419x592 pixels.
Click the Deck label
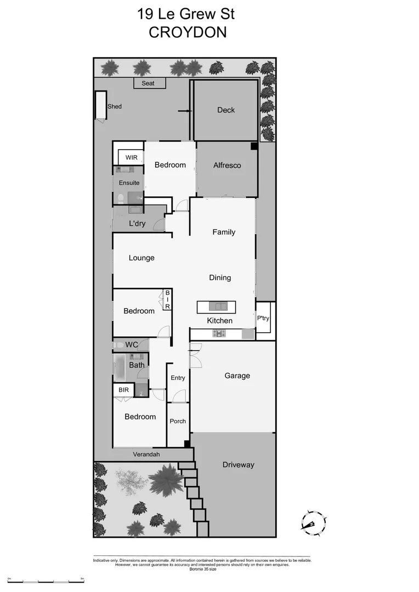pyautogui.click(x=226, y=110)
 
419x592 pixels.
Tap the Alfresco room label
pyautogui.click(x=227, y=165)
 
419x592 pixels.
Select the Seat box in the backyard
pyautogui.click(x=148, y=83)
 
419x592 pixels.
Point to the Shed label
pyautogui.click(x=115, y=107)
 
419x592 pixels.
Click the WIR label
pyautogui.click(x=132, y=157)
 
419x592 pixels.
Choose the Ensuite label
pyautogui.click(x=129, y=183)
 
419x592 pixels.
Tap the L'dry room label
pyautogui.click(x=137, y=224)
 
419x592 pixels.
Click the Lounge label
pyautogui.click(x=141, y=258)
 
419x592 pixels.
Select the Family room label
pyautogui.click(x=224, y=232)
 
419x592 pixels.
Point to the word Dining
pyautogui.click(x=220, y=278)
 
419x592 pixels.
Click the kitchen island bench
pyautogui.click(x=217, y=307)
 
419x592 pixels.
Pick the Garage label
pyautogui.click(x=237, y=376)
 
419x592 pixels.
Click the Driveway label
pyautogui.click(x=239, y=465)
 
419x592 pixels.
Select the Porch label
pyautogui.click(x=178, y=422)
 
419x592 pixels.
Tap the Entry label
pyautogui.click(x=178, y=378)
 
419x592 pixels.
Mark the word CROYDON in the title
pyautogui.click(x=188, y=32)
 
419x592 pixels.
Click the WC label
pyautogui.click(x=132, y=345)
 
